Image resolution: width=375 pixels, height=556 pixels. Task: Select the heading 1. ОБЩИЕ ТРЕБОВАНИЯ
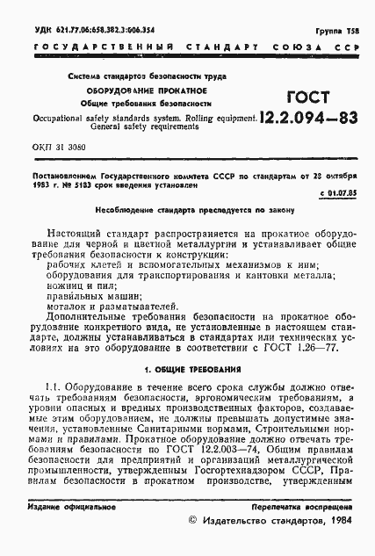tap(186, 370)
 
